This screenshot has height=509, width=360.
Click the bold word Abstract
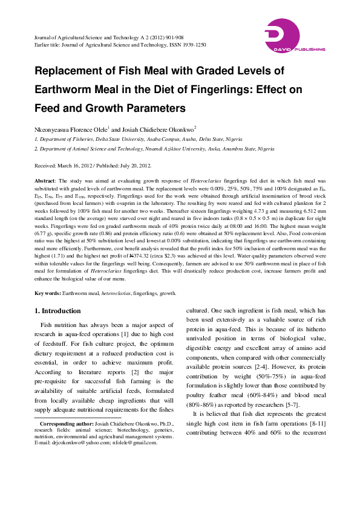44,181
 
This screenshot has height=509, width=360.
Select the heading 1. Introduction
57,311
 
